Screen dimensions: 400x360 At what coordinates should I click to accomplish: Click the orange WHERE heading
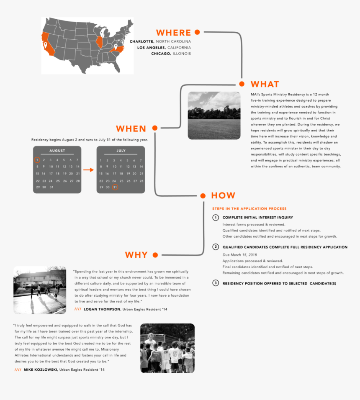(x=173, y=33)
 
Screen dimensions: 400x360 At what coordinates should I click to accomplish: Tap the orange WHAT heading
(x=265, y=84)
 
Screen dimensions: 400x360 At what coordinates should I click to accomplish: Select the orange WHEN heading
(x=131, y=128)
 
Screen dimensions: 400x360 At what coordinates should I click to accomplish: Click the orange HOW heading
(x=223, y=195)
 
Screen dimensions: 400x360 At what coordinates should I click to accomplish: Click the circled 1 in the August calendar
(x=37, y=160)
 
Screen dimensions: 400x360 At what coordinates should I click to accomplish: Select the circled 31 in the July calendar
(x=115, y=187)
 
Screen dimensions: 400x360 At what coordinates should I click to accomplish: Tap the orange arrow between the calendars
(x=89, y=170)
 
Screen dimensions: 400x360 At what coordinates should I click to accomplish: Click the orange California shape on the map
(x=47, y=45)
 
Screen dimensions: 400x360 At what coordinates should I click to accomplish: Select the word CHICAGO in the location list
(x=161, y=54)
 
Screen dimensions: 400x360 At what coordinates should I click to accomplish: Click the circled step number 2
(x=216, y=247)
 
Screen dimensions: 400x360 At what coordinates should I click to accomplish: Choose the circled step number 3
(x=216, y=283)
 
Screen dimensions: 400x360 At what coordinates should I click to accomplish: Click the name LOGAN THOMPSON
(x=102, y=309)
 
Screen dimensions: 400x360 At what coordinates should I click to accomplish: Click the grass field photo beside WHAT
(x=214, y=115)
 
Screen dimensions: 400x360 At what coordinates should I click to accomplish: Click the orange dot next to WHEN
(x=155, y=128)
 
